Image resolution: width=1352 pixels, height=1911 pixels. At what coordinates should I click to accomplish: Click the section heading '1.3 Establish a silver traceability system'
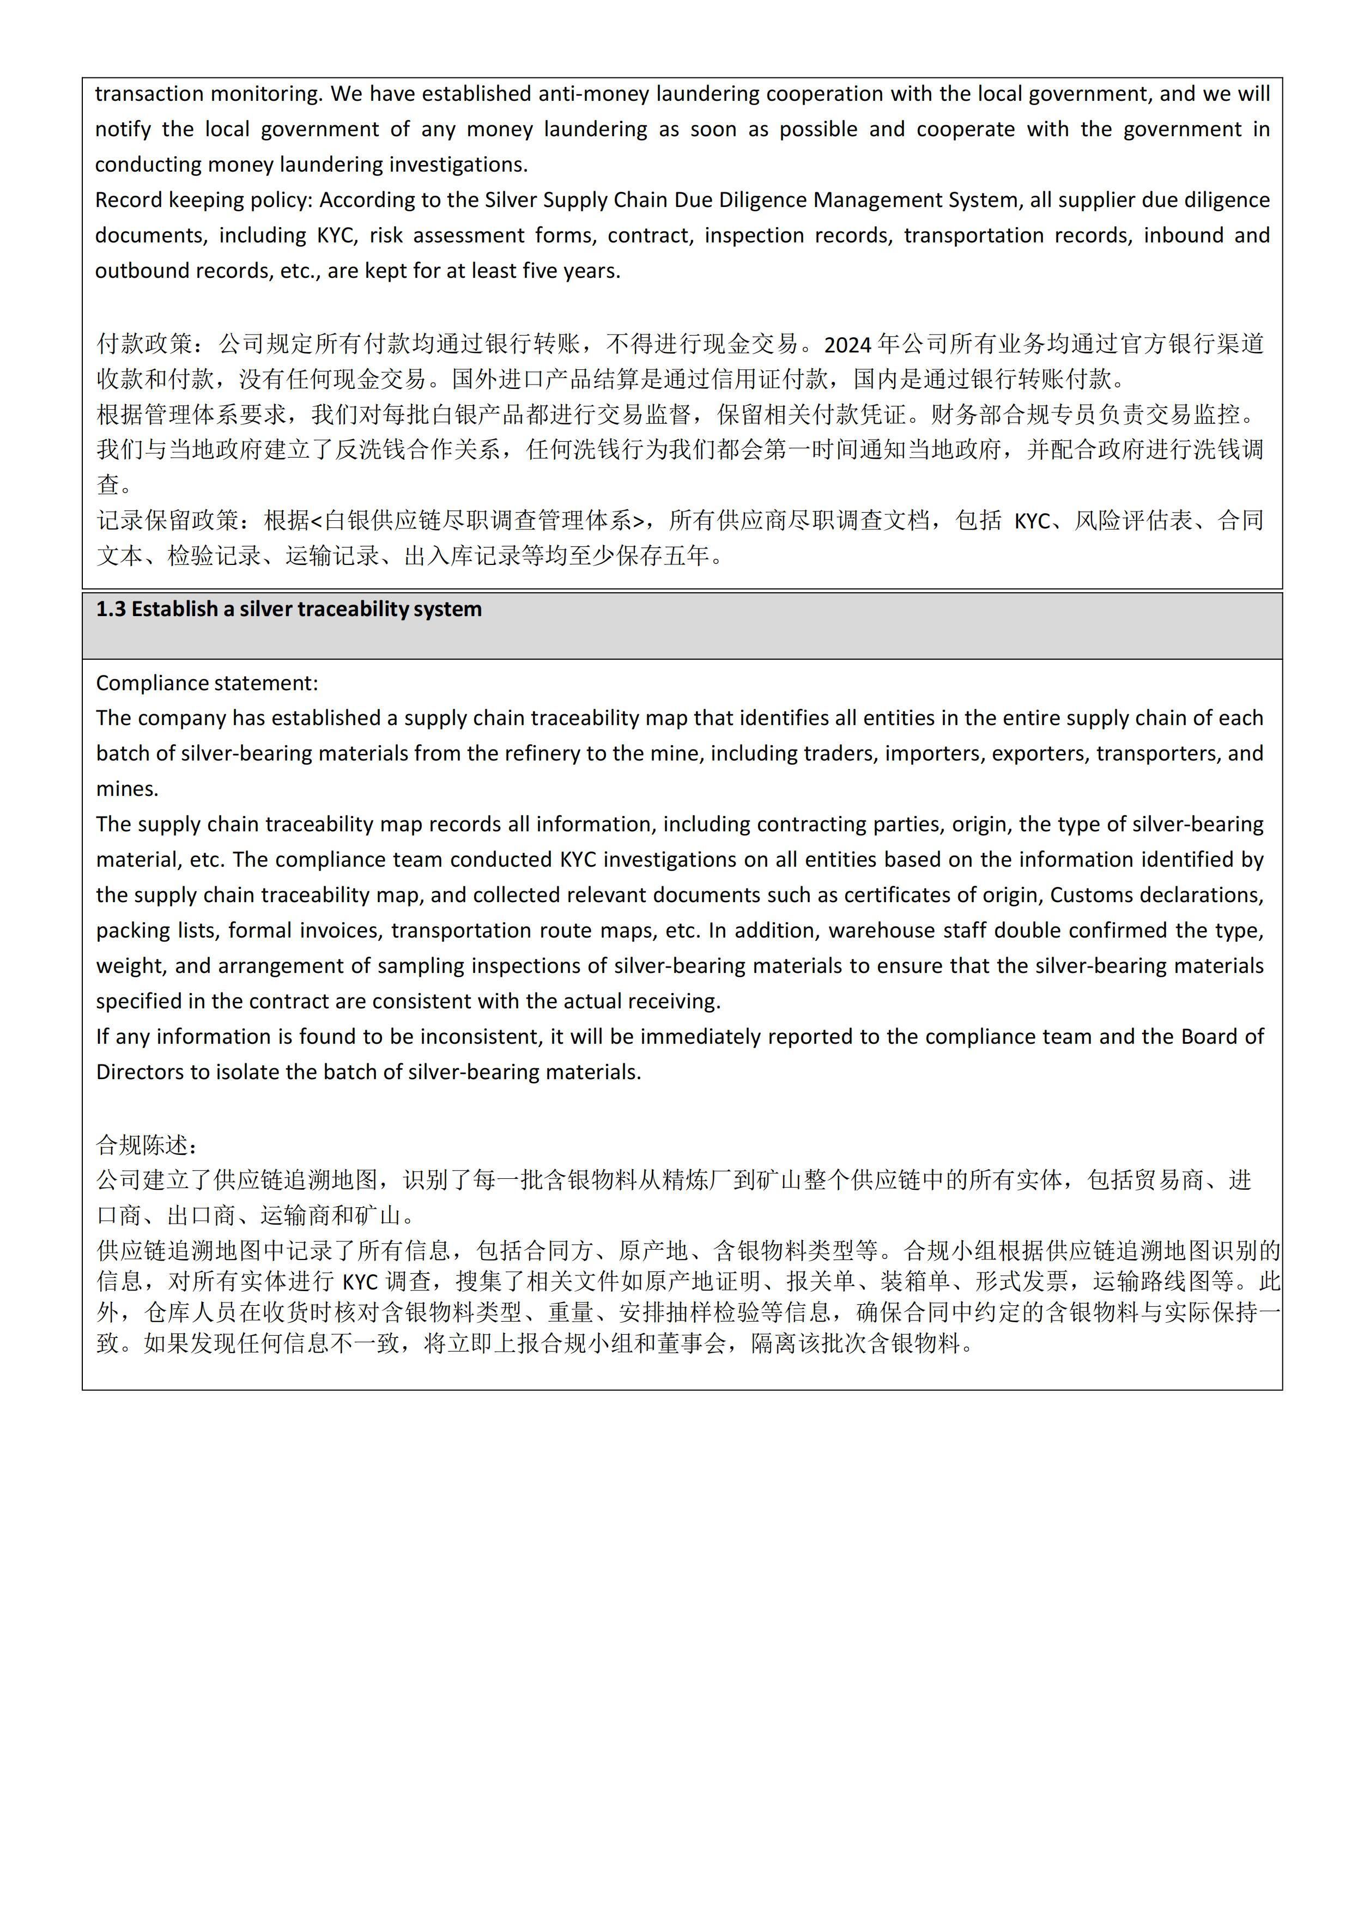click(288, 609)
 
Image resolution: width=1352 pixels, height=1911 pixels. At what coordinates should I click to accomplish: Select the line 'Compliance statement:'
click(207, 683)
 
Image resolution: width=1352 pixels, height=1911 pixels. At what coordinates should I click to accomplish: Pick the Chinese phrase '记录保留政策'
click(168, 521)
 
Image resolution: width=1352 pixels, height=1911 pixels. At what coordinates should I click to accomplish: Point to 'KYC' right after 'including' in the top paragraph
click(336, 235)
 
